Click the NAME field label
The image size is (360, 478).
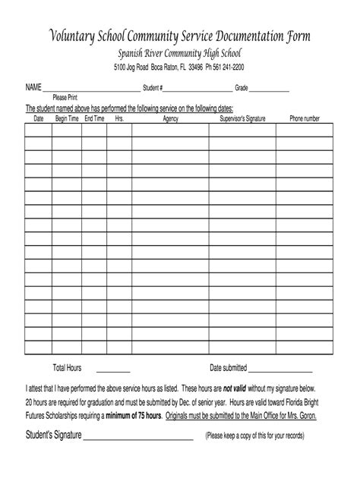pos(34,89)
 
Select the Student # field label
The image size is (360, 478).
pos(153,89)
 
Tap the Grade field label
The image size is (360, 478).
pos(242,89)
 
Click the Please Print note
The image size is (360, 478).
pos(65,98)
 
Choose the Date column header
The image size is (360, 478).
pos(39,119)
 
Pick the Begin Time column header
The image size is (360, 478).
pos(67,119)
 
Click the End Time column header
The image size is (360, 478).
pos(94,119)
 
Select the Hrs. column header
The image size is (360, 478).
pos(118,119)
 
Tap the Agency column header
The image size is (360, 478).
pos(170,119)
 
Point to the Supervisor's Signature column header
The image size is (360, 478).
pos(246,119)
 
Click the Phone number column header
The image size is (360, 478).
pos(309,119)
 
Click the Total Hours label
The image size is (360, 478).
pos(67,368)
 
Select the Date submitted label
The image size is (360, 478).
pos(229,368)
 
